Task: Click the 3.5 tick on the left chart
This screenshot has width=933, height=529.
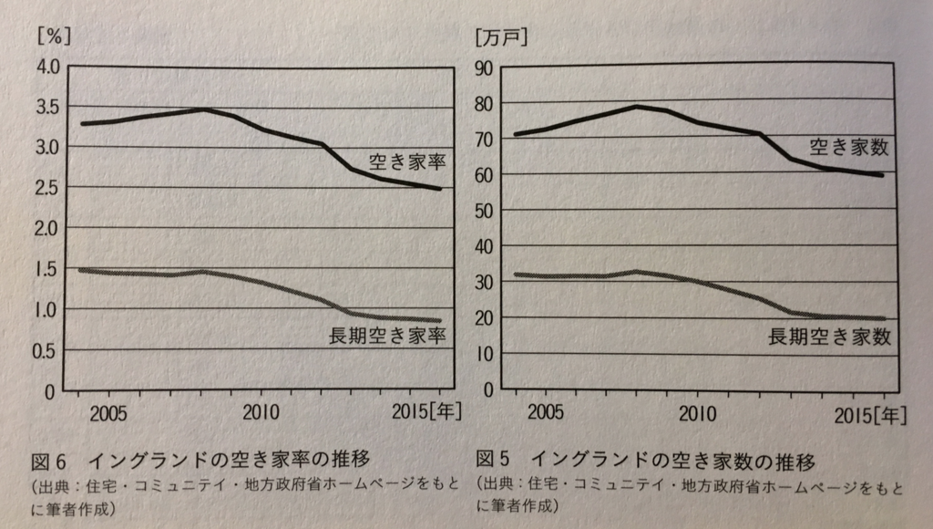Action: point(45,107)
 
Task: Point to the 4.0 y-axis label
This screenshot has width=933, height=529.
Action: point(45,67)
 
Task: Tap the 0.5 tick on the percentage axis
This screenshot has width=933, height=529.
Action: point(45,350)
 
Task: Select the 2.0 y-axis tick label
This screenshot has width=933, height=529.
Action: point(45,228)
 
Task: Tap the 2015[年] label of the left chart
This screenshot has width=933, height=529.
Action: point(427,411)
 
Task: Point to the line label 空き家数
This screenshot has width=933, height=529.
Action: point(847,147)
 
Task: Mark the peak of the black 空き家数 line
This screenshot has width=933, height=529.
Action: point(636,107)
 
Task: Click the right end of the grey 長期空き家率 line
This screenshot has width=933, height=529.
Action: point(440,321)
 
